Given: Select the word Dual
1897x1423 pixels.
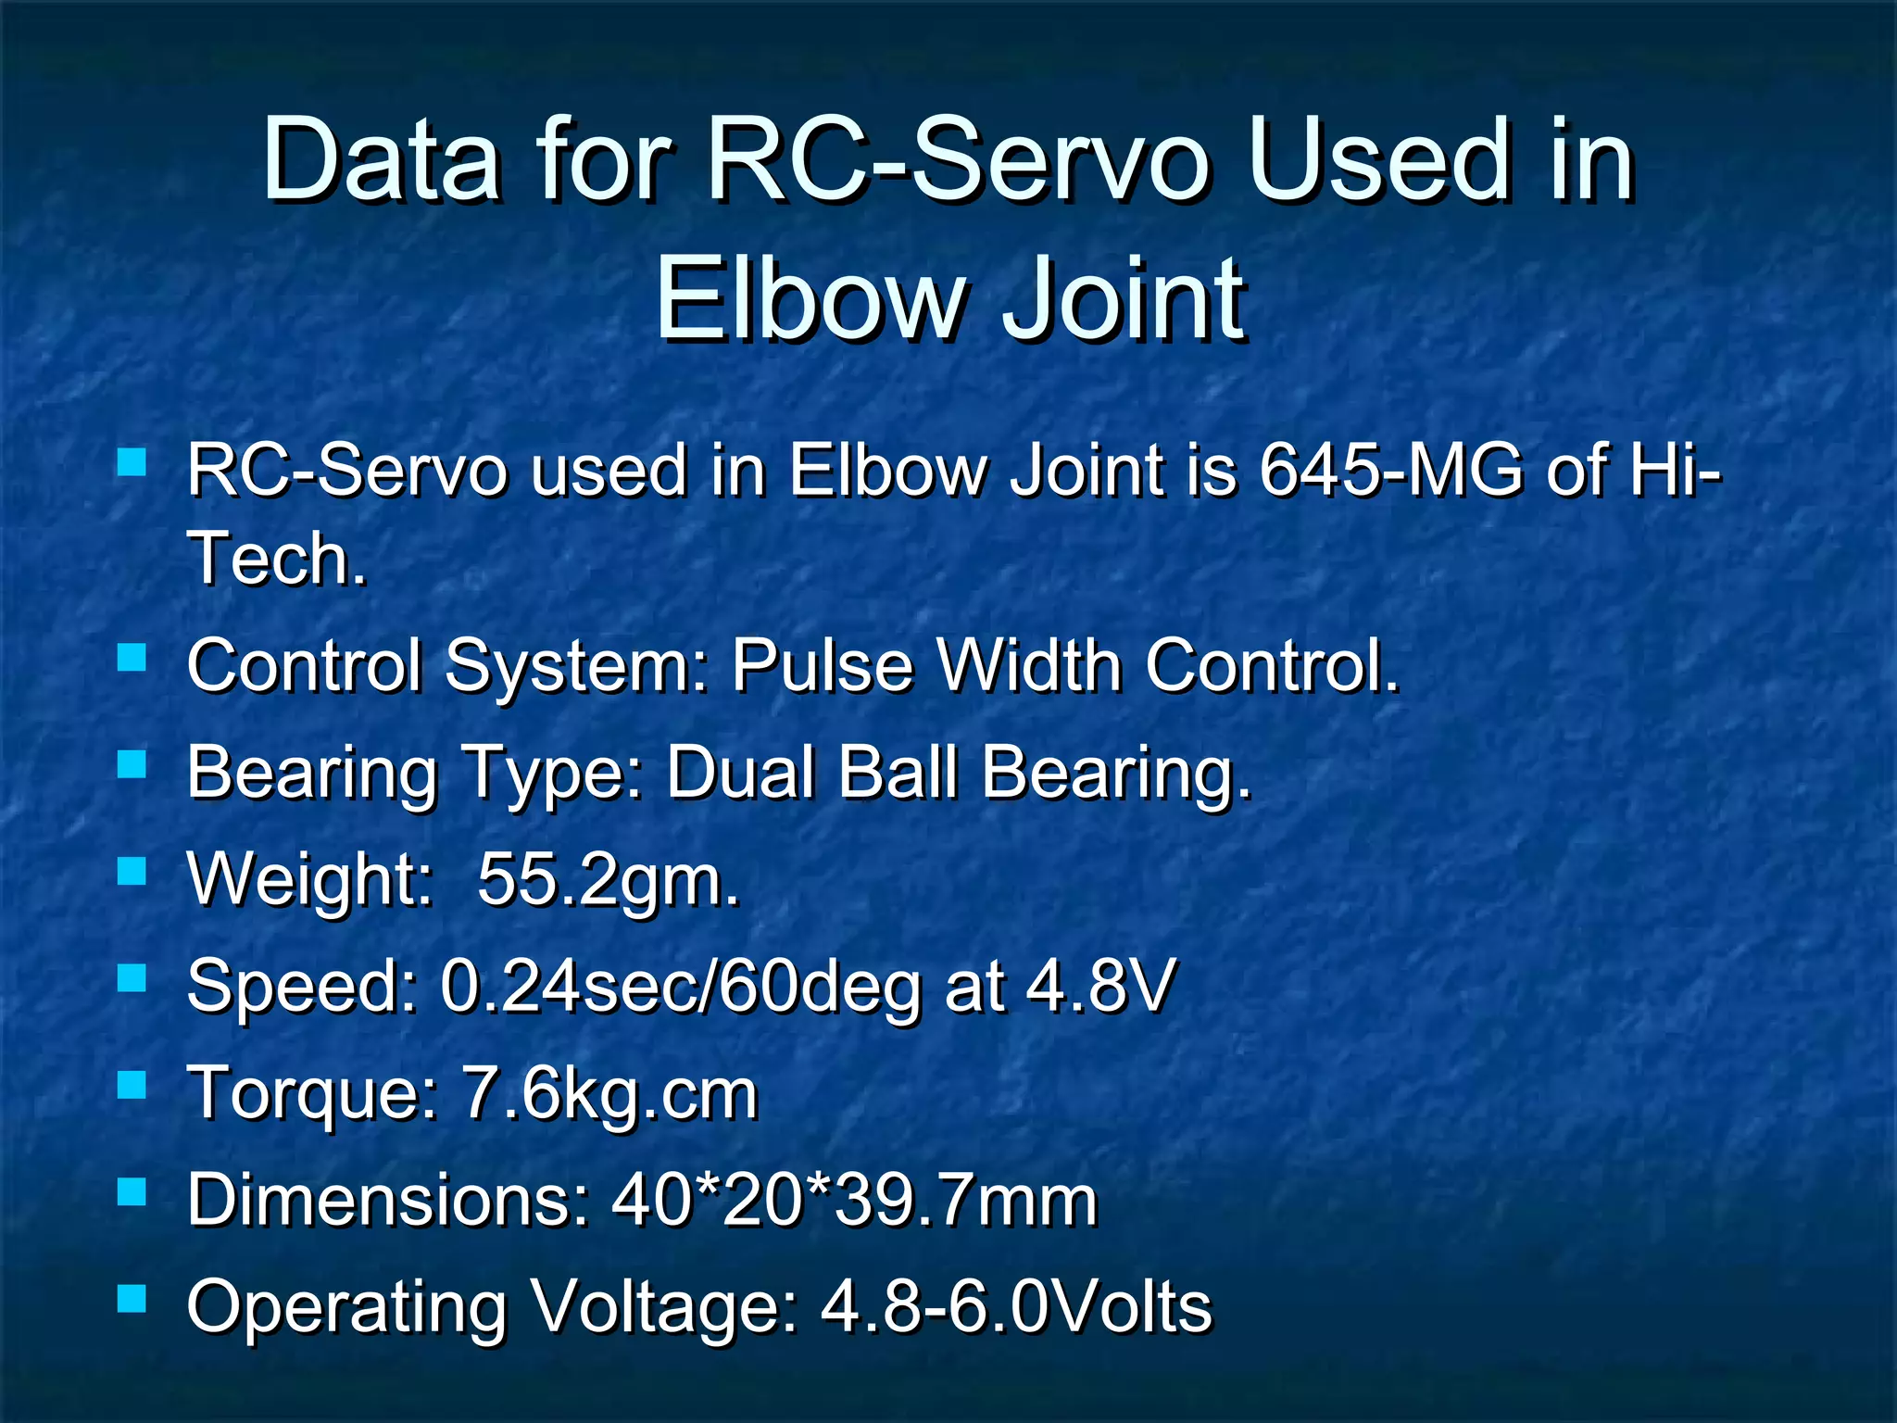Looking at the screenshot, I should [741, 772].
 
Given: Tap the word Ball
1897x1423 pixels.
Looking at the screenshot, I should [898, 772].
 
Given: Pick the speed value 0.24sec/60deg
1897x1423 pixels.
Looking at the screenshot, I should [681, 986].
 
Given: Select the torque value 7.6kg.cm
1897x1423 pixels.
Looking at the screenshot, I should [609, 1094].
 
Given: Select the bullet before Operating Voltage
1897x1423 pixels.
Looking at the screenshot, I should [132, 1298].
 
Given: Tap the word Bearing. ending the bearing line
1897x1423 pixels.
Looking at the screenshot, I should [1116, 774].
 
